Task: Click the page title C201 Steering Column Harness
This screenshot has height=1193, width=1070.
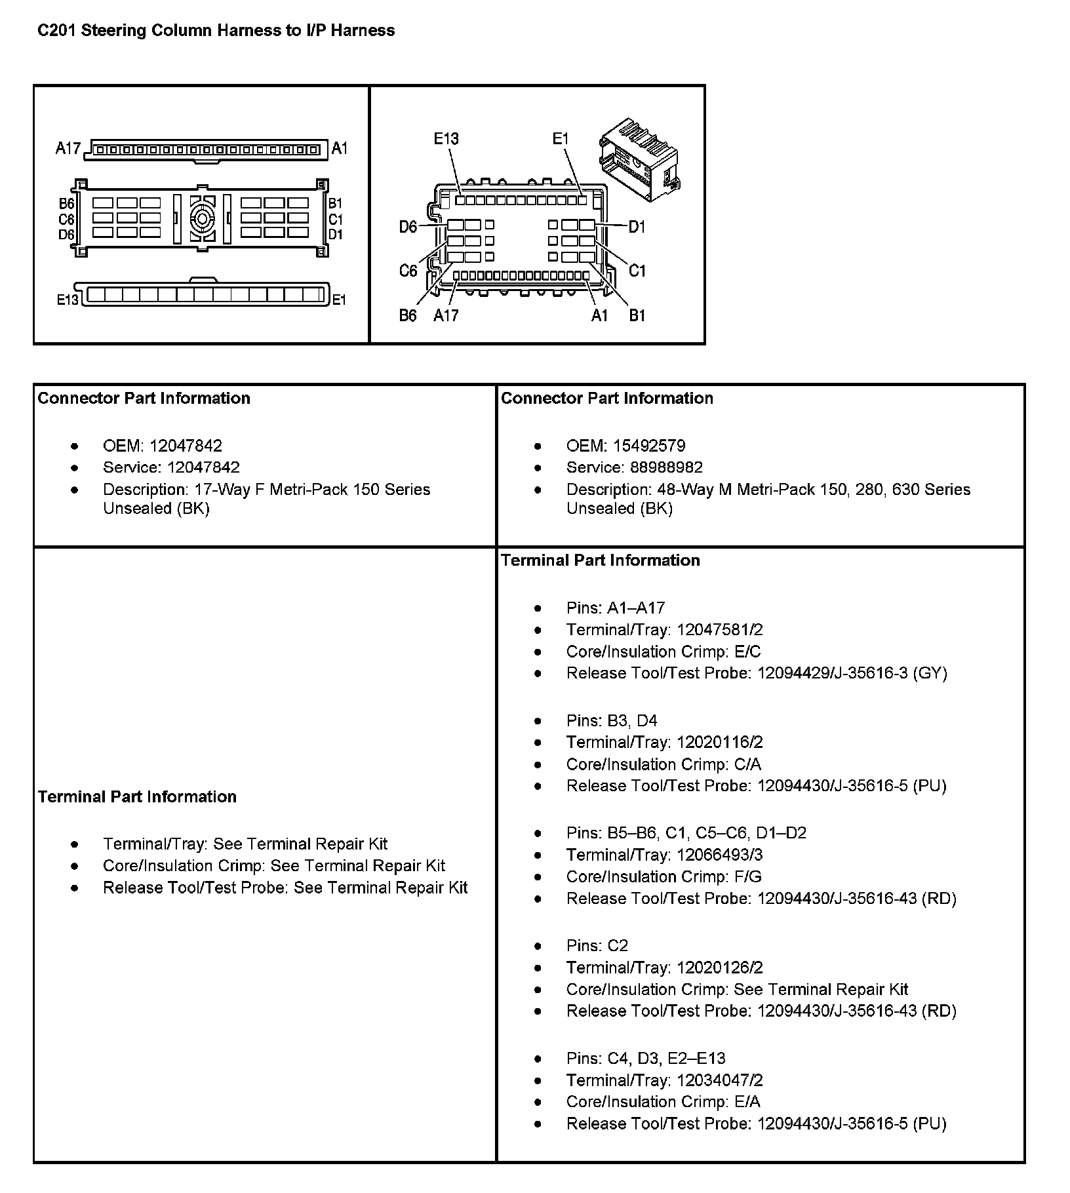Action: click(x=216, y=31)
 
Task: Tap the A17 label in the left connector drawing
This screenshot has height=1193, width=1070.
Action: click(x=68, y=149)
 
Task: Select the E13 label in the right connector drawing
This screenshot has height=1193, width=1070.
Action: click(x=446, y=138)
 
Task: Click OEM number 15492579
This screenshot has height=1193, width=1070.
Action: click(x=649, y=446)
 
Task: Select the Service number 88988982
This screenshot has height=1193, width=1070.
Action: click(x=666, y=468)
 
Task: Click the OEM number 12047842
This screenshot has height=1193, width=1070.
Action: click(x=186, y=446)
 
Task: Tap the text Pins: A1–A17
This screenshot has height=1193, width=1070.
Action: click(x=615, y=608)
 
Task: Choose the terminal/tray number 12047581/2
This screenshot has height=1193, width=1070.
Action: click(x=719, y=630)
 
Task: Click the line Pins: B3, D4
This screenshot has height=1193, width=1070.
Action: click(x=611, y=721)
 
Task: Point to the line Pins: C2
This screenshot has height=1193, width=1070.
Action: click(x=597, y=946)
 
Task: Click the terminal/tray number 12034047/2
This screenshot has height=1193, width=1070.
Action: click(x=719, y=1080)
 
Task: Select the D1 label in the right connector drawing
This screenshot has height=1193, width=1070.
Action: click(x=637, y=227)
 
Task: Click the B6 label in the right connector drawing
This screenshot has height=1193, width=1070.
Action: click(x=408, y=316)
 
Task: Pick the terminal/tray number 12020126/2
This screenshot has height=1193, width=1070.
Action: click(x=719, y=968)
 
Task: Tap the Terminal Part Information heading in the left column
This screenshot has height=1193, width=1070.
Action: click(x=137, y=797)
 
